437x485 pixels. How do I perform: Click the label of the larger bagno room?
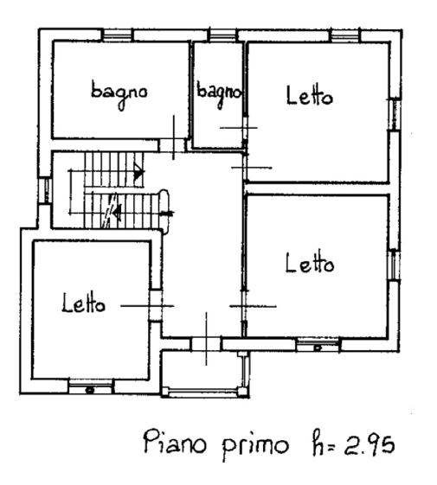(119, 93)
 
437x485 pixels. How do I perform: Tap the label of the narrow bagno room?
(219, 93)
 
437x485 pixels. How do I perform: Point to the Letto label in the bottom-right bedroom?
(310, 263)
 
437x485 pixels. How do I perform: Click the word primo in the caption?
(255, 448)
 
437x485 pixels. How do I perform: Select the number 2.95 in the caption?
(370, 444)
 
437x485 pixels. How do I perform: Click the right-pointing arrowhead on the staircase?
(139, 173)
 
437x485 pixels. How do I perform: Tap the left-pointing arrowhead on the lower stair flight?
(117, 213)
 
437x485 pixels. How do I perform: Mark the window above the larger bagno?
(118, 35)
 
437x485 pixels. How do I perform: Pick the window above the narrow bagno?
(222, 35)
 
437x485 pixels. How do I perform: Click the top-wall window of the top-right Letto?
(345, 35)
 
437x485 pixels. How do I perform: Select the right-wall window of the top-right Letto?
(395, 114)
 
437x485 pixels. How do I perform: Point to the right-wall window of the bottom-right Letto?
(395, 265)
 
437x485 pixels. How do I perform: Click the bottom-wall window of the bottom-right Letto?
(318, 345)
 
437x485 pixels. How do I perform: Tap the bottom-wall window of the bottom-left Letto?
(90, 387)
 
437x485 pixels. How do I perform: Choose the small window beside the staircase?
(45, 190)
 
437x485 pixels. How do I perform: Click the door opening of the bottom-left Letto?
(156, 305)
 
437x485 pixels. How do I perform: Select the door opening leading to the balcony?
(206, 343)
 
